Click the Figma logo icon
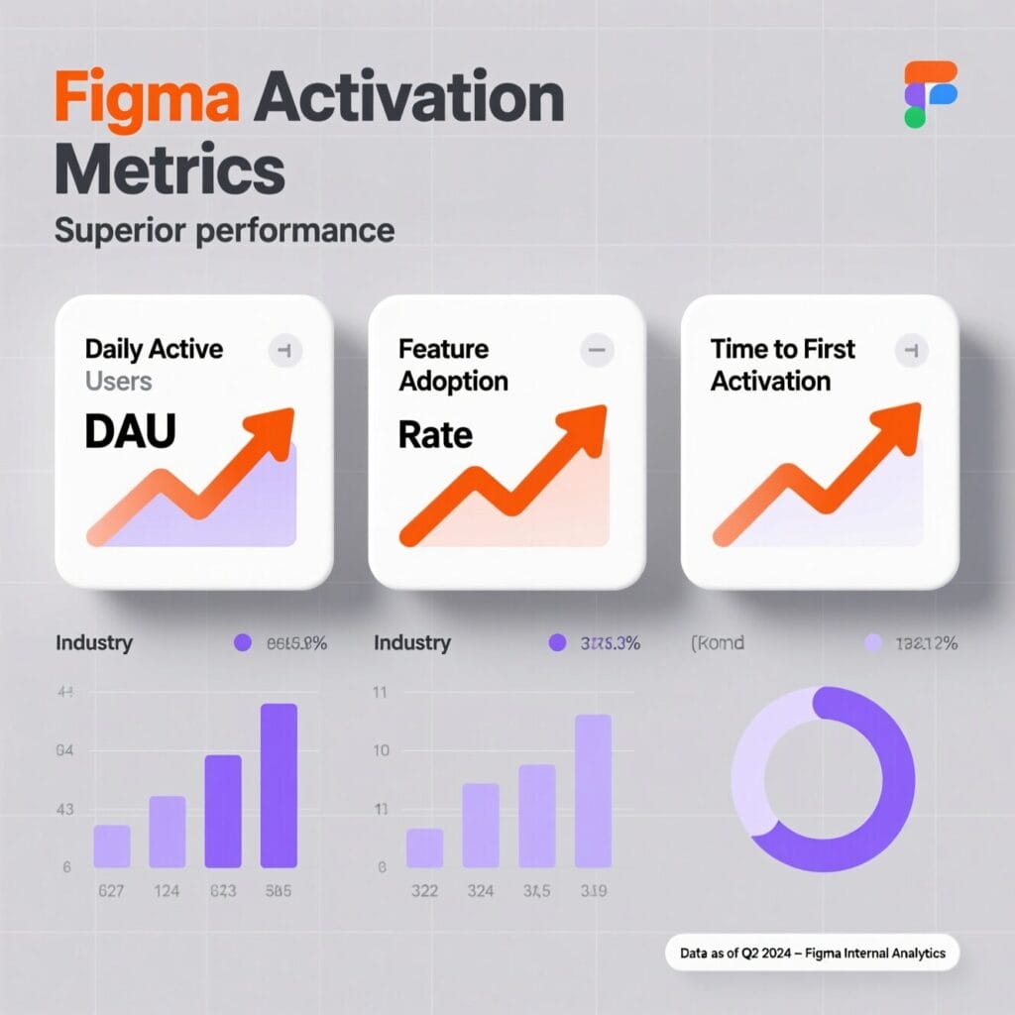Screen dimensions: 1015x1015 click(x=930, y=94)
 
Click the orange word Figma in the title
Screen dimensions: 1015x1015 click(x=147, y=99)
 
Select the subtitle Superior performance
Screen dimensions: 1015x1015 click(x=224, y=231)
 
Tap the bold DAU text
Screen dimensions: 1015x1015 click(x=130, y=434)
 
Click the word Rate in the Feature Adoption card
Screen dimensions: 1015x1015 click(x=435, y=434)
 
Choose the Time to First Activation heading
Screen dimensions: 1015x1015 click(x=783, y=365)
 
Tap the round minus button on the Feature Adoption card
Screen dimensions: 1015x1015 click(x=597, y=349)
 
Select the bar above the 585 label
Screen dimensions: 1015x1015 click(x=279, y=785)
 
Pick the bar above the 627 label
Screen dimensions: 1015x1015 click(x=112, y=846)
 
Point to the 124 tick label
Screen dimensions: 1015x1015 click(x=167, y=891)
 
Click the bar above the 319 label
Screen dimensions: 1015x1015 click(x=593, y=790)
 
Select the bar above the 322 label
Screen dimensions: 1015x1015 click(x=424, y=847)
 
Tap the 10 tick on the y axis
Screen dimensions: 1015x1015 click(x=381, y=750)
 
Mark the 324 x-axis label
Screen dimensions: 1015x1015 click(x=480, y=891)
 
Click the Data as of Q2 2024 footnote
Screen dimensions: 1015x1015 click(x=812, y=954)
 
